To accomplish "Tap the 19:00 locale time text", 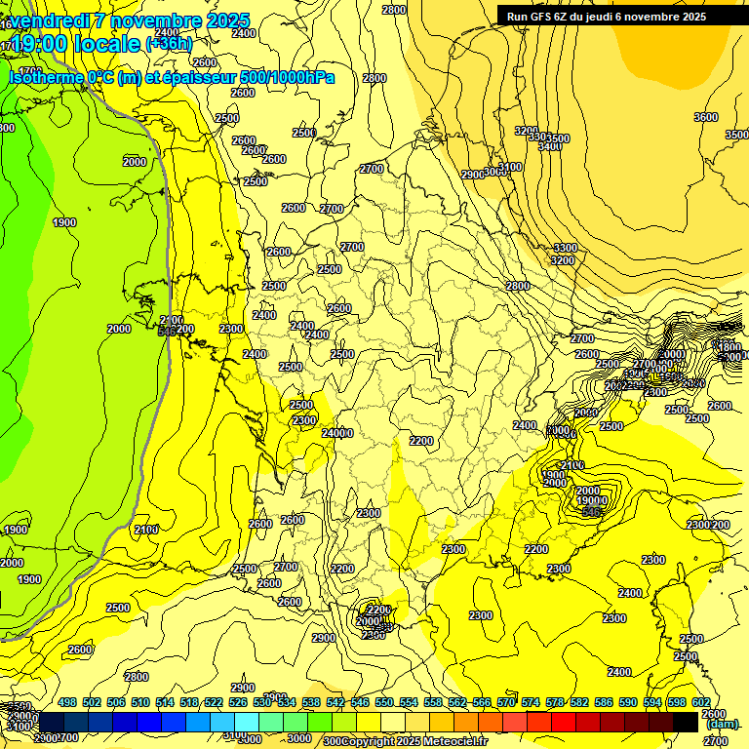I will coord(75,44).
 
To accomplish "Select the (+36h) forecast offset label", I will coord(169,44).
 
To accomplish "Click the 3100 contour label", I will coord(509,167).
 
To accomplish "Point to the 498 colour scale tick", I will coord(67,702).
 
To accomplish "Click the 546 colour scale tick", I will coord(357,702).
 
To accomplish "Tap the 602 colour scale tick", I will coord(700,702).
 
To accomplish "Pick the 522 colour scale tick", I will coord(213,702).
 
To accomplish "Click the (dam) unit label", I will coord(721,724).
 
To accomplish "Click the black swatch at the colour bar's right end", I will coord(686,722).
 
